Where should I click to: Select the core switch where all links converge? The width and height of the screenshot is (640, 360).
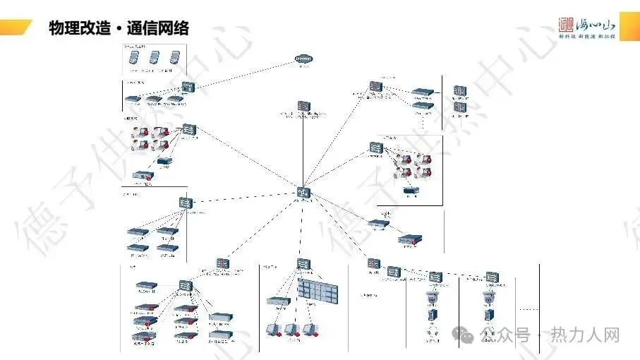[x=303, y=192]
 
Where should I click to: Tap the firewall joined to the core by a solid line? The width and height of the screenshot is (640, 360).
[x=303, y=107]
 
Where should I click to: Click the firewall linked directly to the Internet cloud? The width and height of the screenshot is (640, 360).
[x=188, y=87]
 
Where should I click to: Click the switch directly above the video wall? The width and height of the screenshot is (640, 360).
[x=303, y=265]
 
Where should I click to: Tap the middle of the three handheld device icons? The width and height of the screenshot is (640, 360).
[x=155, y=59]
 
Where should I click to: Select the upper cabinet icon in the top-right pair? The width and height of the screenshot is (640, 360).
[x=460, y=91]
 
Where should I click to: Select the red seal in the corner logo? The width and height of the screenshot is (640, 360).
[x=566, y=23]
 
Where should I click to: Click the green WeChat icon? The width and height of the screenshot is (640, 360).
[x=468, y=335]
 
